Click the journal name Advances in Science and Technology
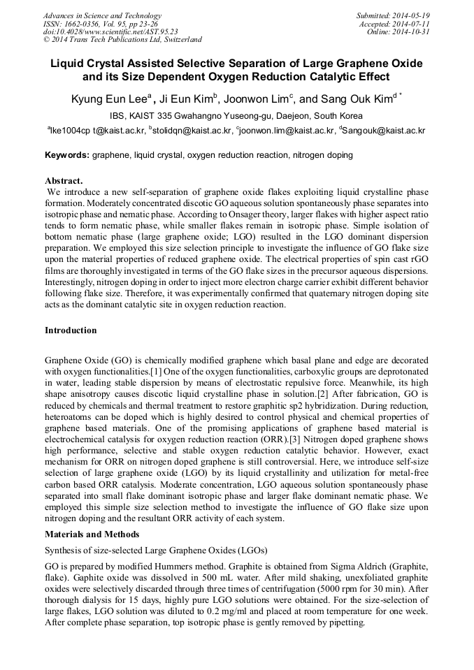pyautogui.click(x=102, y=15)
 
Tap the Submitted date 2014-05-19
pyautogui.click(x=393, y=15)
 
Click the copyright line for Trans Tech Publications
pyautogui.click(x=122, y=40)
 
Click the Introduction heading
pyautogui.click(x=71, y=330)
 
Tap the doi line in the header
pyautogui.click(x=110, y=31)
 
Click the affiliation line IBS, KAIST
pyautogui.click(x=236, y=116)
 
